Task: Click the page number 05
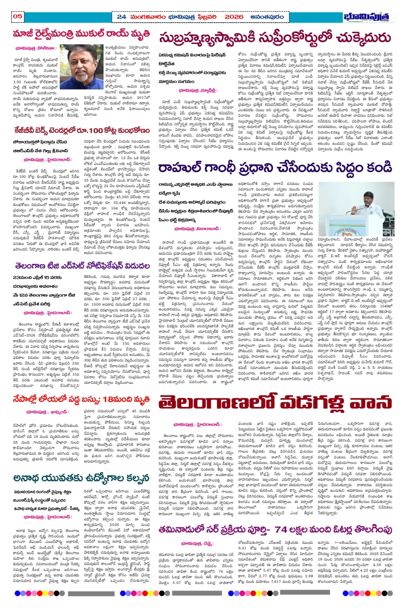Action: pos(17,16)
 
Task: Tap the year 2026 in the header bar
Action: pos(234,17)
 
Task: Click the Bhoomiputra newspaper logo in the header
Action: pos(366,17)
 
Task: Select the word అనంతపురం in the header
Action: pos(267,17)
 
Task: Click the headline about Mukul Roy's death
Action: pos(81,34)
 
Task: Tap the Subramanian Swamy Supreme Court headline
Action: pos(275,39)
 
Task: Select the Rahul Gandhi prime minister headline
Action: pos(281,167)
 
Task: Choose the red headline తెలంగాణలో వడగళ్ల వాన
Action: pos(275,403)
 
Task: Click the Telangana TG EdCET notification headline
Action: pos(81,266)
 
